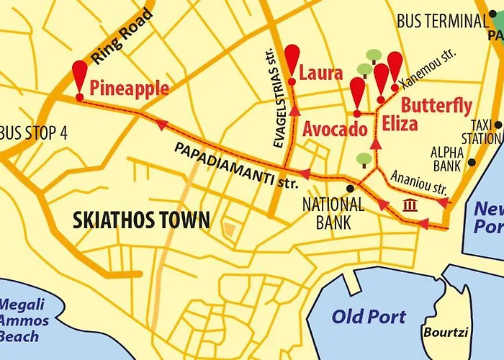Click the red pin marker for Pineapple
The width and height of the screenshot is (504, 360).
click(79, 75)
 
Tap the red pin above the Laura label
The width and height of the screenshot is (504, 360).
click(292, 58)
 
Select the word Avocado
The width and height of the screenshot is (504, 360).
click(335, 130)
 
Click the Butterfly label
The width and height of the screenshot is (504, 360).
click(436, 105)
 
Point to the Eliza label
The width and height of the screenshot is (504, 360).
click(400, 123)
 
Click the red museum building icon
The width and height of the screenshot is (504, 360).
click(410, 206)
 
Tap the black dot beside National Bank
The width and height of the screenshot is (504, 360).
click(350, 188)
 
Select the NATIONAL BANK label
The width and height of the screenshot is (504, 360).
click(333, 213)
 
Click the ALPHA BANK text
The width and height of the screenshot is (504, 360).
click(447, 159)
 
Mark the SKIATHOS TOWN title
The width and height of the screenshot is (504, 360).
click(141, 220)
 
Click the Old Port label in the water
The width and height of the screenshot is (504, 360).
click(369, 316)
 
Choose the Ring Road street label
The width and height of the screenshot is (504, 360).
click(122, 36)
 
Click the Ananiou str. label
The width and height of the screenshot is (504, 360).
click(418, 181)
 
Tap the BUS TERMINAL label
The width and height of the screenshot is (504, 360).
click(442, 22)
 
